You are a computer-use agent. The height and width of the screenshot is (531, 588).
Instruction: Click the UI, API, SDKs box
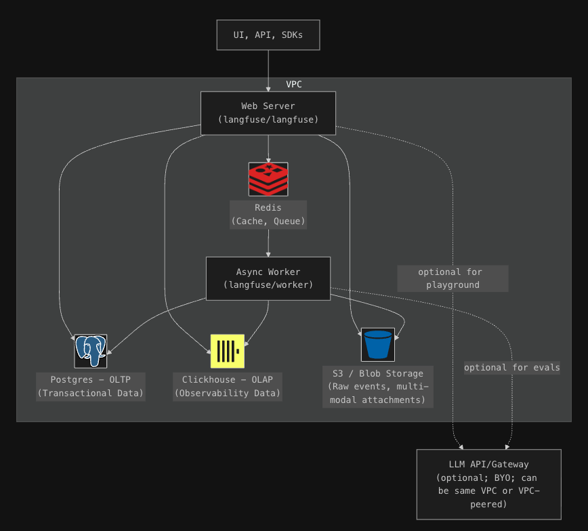268,35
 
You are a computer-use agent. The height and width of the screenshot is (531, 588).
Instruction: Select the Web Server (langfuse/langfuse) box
268,112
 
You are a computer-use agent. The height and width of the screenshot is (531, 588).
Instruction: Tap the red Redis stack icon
268,179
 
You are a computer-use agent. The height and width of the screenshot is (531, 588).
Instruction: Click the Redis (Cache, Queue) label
268,214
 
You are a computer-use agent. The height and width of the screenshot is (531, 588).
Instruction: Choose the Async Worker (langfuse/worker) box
268,278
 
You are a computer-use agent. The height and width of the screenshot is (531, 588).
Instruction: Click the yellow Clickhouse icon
227,351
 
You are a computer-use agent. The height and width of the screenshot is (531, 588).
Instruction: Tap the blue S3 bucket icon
377,344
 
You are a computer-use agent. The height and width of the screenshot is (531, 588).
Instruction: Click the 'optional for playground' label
453,278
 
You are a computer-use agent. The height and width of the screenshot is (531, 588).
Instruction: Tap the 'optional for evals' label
511,367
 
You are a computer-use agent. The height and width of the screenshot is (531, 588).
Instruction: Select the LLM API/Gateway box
488,484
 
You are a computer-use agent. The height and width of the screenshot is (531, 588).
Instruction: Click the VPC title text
294,85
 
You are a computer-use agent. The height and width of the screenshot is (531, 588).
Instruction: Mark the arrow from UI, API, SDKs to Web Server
268,70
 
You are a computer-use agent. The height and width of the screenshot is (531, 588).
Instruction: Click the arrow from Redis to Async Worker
268,243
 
